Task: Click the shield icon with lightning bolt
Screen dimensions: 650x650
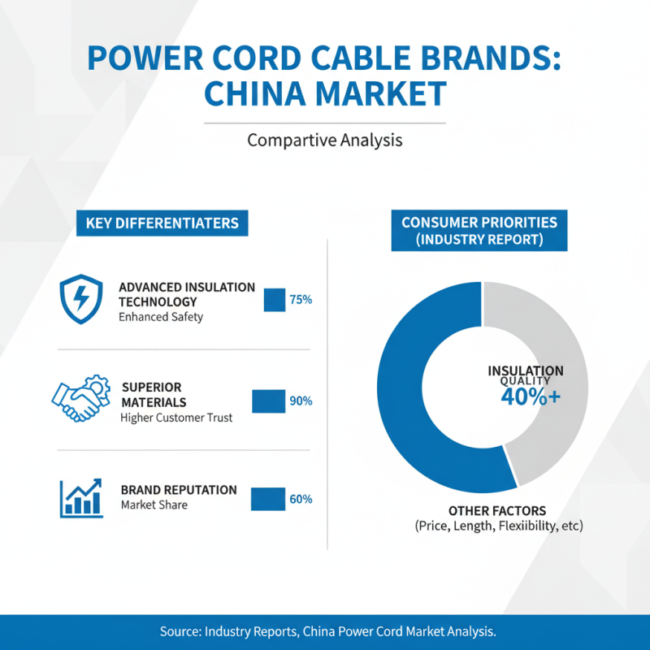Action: click(82, 298)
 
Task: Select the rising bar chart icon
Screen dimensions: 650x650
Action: click(80, 498)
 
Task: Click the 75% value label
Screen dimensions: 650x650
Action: click(301, 300)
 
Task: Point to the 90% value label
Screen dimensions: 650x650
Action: click(301, 401)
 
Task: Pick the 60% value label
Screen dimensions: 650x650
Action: click(301, 499)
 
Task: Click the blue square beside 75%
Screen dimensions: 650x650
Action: click(273, 300)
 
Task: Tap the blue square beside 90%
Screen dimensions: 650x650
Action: click(268, 401)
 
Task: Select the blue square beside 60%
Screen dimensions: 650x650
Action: click(267, 499)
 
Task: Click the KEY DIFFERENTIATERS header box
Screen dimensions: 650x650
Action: click(162, 223)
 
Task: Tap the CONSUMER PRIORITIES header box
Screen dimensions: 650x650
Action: click(479, 231)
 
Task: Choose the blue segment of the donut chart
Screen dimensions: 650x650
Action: click(406, 406)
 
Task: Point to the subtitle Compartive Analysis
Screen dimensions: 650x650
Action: click(325, 140)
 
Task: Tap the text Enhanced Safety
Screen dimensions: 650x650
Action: click(161, 317)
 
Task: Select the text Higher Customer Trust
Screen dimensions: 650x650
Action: click(176, 418)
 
